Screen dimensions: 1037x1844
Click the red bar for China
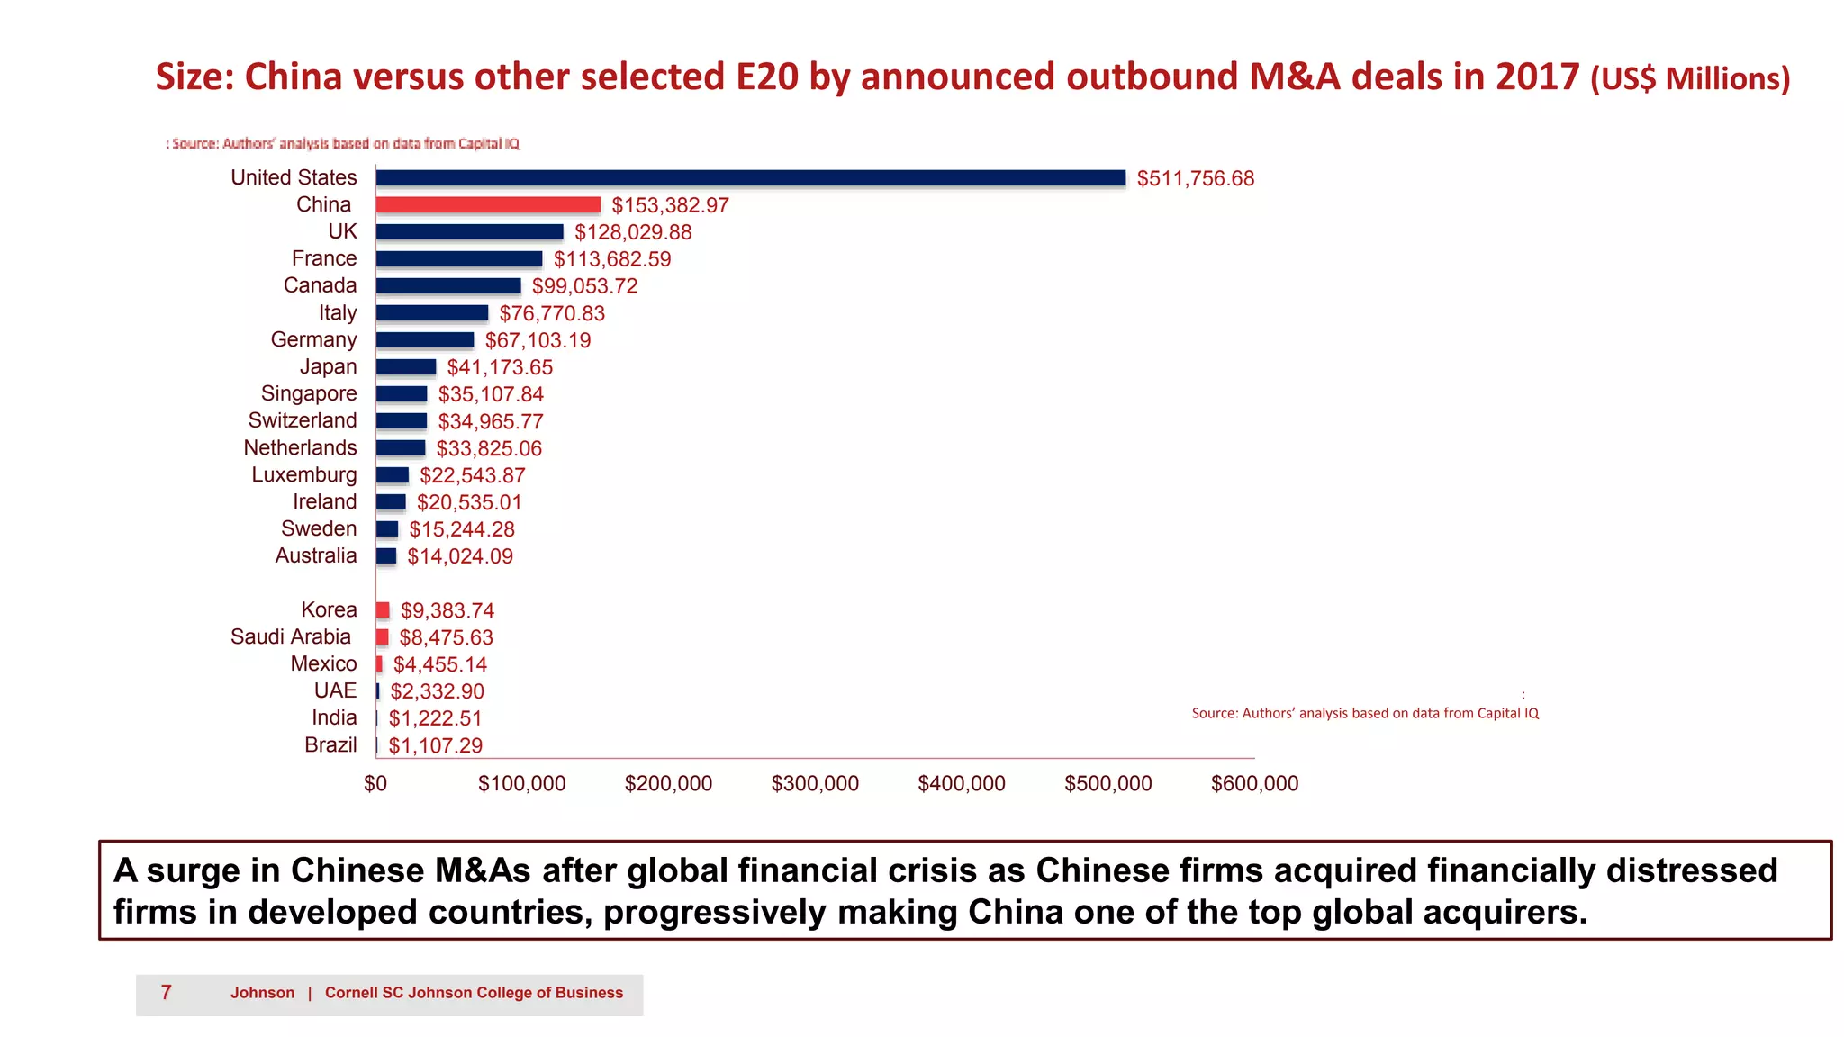488,205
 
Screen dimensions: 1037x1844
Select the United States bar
750,178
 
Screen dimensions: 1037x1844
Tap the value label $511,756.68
1195,178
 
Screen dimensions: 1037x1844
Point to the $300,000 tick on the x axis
815,784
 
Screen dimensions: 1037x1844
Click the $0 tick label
375,784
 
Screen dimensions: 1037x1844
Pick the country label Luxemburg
304,475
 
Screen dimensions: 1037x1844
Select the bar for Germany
425,340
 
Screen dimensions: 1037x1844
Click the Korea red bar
383,610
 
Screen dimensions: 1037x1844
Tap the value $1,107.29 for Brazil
435,746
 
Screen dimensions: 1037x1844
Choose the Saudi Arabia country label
291,637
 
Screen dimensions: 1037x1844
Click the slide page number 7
167,993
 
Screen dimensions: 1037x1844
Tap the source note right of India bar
1365,713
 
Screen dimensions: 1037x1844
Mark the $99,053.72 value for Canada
584,286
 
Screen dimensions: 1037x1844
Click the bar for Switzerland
402,421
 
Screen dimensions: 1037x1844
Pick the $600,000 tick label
1254,784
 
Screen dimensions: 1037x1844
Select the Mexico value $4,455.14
439,664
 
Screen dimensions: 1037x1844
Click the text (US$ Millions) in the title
1690,79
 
